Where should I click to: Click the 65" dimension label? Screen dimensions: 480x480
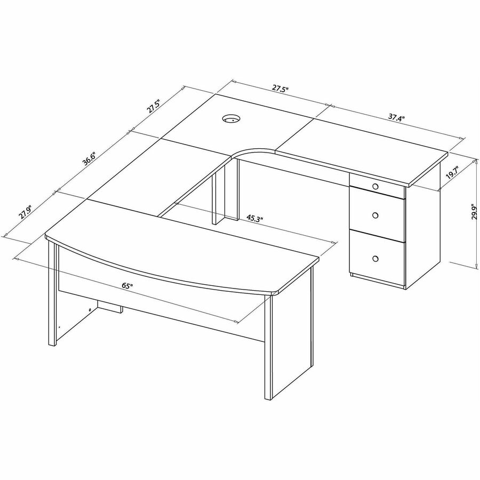[127, 286]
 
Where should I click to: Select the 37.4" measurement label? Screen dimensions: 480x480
[397, 117]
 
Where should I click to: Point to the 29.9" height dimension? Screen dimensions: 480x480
[475, 212]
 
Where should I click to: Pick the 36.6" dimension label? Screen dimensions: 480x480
[90, 158]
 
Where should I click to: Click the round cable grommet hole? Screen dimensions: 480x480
[231, 118]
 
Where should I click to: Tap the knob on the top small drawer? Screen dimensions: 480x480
[375, 186]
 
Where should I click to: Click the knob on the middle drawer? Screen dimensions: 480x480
[375, 215]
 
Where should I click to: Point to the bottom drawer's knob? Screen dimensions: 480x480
[375, 259]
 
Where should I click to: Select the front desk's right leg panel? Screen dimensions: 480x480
[289, 332]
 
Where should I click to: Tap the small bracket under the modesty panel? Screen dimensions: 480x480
[110, 306]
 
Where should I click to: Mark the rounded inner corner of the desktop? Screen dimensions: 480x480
[252, 151]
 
